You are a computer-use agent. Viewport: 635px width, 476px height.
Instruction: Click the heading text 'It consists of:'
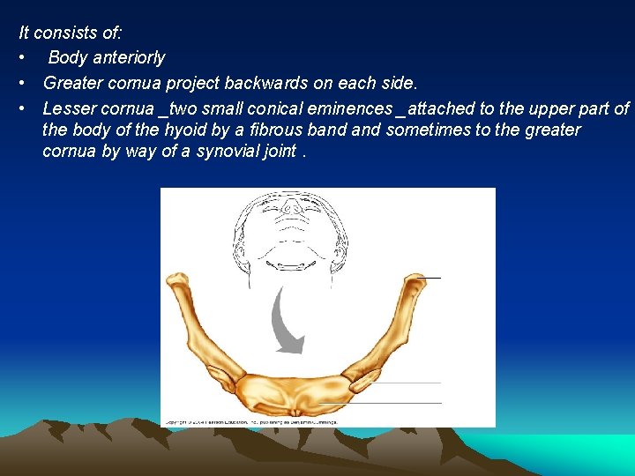(x=71, y=33)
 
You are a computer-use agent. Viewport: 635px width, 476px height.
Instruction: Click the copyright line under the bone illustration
(x=252, y=422)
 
